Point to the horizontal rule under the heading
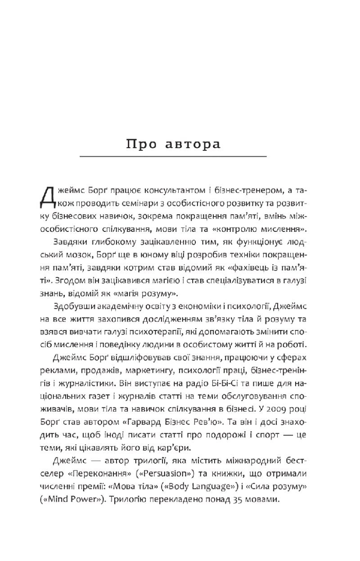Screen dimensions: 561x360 [173, 157]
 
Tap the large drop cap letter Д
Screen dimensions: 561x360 [50, 195]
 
